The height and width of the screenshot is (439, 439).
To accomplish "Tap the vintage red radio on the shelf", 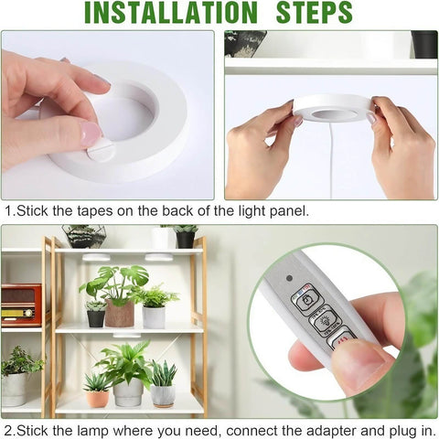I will point(20,304).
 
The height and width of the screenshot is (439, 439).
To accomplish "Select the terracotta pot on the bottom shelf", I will point(98,398).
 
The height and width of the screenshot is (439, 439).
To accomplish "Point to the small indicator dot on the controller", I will point(290,278).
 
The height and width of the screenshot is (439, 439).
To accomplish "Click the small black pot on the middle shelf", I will point(95,317).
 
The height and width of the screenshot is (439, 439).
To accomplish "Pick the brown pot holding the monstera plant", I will point(120,313).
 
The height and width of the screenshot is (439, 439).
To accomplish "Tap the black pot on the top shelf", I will point(185,239).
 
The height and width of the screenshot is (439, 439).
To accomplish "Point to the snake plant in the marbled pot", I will point(163,388).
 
